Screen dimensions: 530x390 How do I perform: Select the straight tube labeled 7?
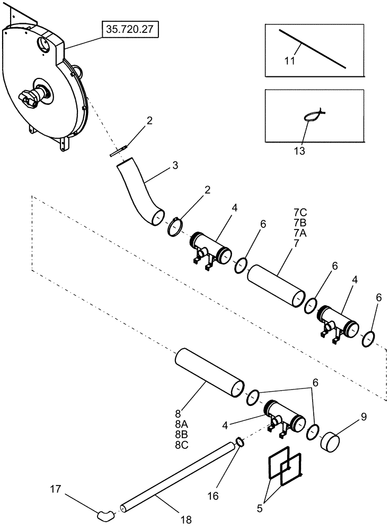tap(276, 285)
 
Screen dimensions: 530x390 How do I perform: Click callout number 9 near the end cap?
tap(363, 418)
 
